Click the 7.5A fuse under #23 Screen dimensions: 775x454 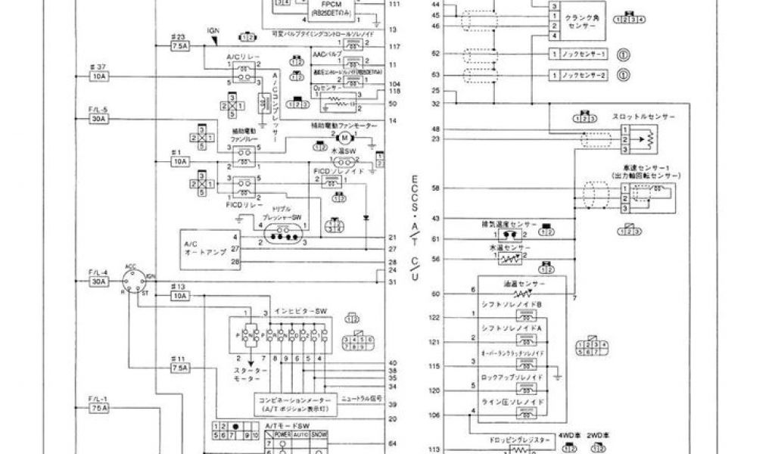pos(180,47)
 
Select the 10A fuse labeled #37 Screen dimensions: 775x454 pos(99,76)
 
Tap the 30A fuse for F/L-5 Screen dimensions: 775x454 pos(99,120)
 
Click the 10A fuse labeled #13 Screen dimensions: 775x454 pos(180,296)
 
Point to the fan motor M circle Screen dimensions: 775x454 pos(344,138)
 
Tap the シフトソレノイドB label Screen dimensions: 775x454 pos(512,304)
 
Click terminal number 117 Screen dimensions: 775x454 pos(394,47)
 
